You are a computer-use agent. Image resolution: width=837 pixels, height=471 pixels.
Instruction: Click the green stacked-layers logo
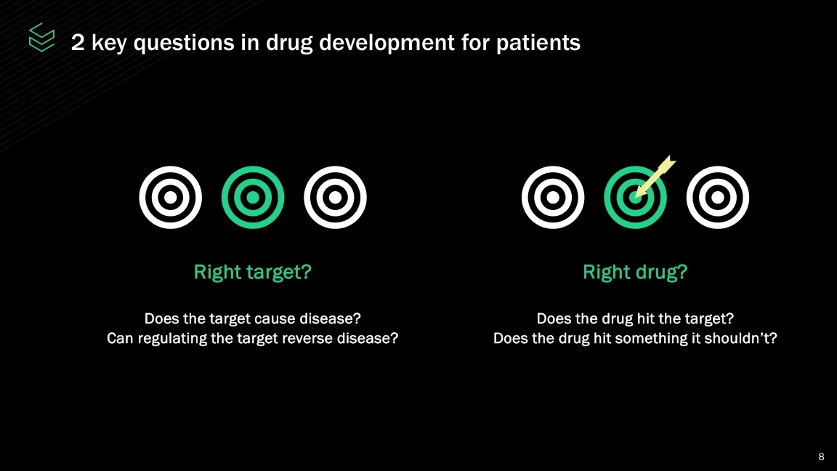(x=41, y=37)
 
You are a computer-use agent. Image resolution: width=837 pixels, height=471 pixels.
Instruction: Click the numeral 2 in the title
(x=78, y=42)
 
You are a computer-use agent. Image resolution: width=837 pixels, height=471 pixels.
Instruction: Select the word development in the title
(x=387, y=43)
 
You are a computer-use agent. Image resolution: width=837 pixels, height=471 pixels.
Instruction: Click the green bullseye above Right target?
(x=253, y=198)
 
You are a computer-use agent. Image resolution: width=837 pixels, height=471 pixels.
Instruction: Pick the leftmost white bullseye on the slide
(x=170, y=198)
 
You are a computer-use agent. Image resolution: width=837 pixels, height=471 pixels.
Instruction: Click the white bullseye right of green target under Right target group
(x=335, y=198)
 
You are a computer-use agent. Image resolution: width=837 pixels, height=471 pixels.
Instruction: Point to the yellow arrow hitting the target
(x=655, y=177)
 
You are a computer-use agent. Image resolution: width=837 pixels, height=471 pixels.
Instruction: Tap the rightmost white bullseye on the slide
(x=717, y=198)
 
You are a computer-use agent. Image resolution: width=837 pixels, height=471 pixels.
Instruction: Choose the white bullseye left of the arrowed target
(x=553, y=198)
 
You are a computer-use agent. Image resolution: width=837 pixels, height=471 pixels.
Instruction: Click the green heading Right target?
(x=253, y=273)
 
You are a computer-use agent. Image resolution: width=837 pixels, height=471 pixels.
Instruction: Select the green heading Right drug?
(x=635, y=273)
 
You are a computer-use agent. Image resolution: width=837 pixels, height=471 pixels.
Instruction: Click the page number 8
(x=821, y=456)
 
